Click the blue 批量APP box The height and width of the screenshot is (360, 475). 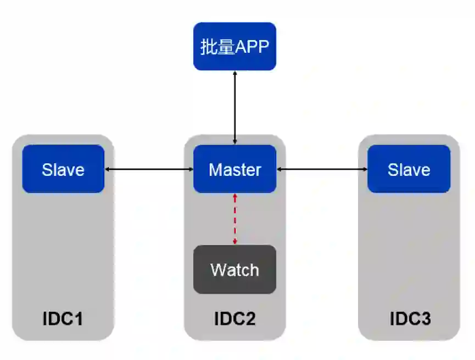[234, 46]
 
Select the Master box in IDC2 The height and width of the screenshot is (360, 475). [234, 169]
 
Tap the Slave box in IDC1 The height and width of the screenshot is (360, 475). [63, 169]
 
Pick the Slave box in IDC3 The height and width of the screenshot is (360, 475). [409, 169]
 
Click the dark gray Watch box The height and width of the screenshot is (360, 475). [234, 269]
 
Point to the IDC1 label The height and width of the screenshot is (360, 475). [63, 319]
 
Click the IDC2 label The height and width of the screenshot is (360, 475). [234, 319]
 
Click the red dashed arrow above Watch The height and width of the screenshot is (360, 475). [235, 219]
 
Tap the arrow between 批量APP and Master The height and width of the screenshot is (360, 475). [235, 107]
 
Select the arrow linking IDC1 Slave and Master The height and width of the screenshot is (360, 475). [149, 169]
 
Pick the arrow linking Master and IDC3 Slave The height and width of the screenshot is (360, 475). [322, 169]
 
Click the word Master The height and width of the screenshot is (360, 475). [234, 169]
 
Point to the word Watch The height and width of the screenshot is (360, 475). [234, 270]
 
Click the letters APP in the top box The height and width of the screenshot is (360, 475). [252, 47]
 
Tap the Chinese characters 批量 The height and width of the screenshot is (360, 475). [217, 47]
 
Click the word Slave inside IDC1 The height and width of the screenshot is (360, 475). [63, 169]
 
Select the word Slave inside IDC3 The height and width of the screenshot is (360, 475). [409, 169]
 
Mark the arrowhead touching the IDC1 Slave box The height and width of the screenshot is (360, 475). [108, 169]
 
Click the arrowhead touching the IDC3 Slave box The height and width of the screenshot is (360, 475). [364, 169]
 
